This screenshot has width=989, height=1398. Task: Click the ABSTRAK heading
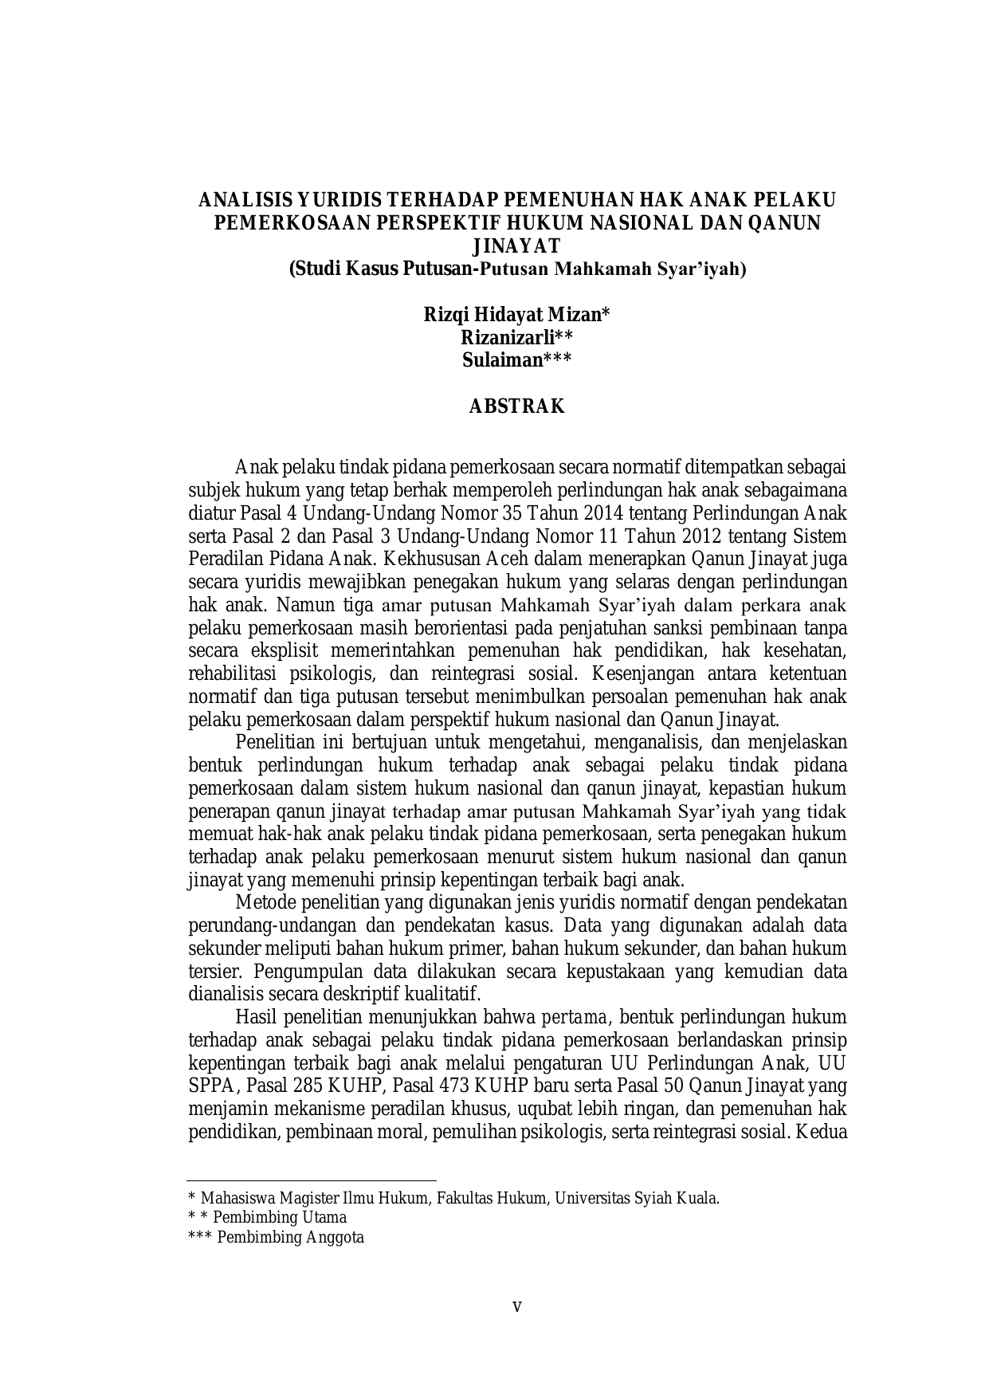(x=516, y=406)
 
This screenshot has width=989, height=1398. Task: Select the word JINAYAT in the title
(x=516, y=245)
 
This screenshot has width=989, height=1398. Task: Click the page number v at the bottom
(x=516, y=1306)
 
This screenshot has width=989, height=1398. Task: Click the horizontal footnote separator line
(x=312, y=1180)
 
